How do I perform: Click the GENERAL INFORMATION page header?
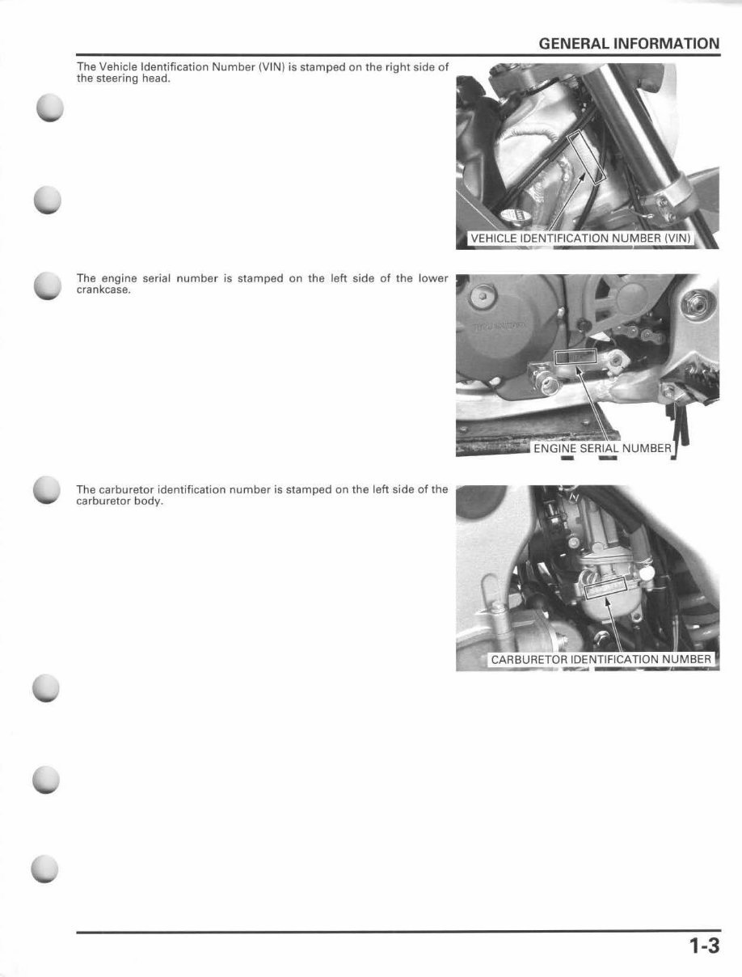[x=628, y=44]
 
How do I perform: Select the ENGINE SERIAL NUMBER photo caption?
[x=602, y=448]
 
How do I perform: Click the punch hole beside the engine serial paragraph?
[x=48, y=285]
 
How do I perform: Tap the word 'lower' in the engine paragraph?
[x=432, y=278]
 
